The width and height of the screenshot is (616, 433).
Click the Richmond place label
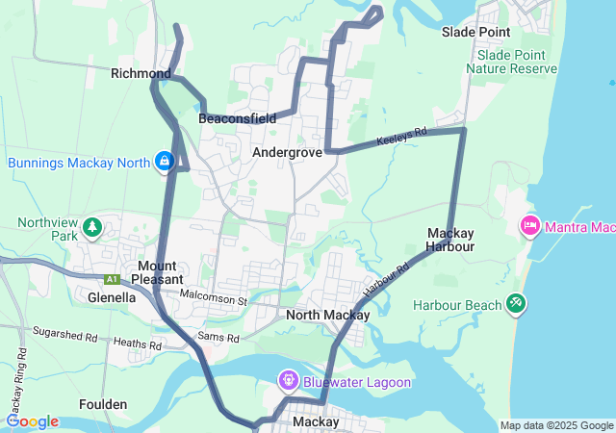(141, 73)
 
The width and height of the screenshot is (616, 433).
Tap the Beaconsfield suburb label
(237, 118)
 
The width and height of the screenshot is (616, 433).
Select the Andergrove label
(287, 152)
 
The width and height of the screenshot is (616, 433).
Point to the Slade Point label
(475, 32)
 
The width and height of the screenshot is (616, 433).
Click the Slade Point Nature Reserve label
(511, 63)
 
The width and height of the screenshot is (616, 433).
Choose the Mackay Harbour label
(450, 240)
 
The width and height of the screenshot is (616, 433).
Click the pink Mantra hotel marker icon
(529, 226)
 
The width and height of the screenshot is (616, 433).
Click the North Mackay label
(328, 315)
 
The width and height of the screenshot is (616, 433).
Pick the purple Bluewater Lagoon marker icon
(289, 382)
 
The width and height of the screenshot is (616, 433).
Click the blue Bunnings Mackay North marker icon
(166, 162)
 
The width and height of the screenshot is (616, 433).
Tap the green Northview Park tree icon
(92, 227)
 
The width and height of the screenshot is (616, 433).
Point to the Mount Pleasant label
(156, 272)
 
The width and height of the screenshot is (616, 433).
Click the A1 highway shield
(113, 279)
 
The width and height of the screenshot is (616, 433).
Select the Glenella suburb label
(111, 297)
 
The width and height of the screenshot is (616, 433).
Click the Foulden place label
(103, 404)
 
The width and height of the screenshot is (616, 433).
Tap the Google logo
(33, 421)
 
